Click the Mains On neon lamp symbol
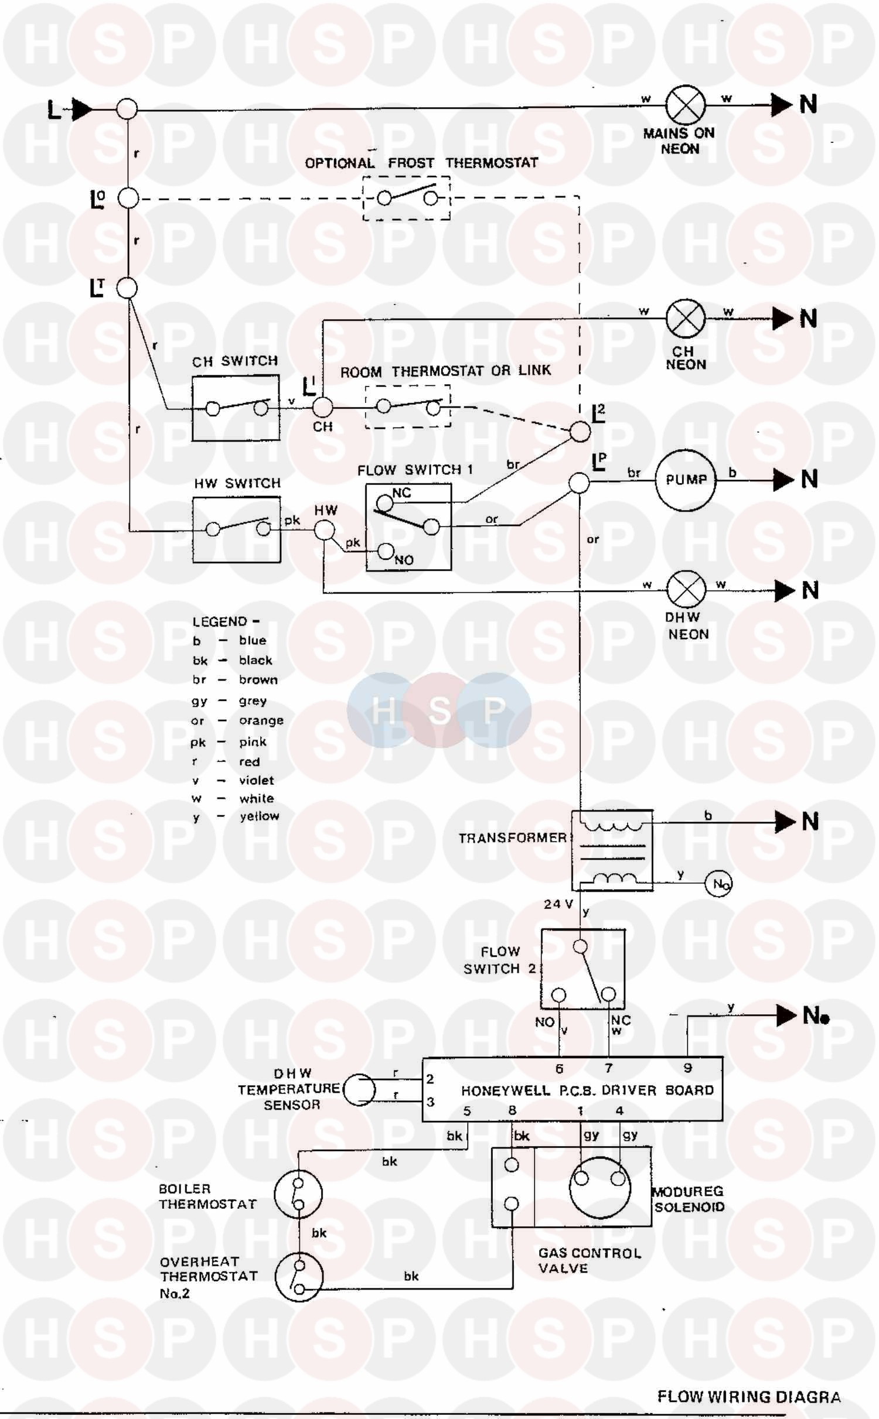tap(685, 105)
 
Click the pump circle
tap(685, 480)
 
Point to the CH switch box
tap(236, 408)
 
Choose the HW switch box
tap(237, 529)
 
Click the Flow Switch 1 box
tap(408, 526)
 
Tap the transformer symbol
tap(612, 850)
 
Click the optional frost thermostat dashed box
tap(407, 199)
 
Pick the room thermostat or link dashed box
tap(408, 406)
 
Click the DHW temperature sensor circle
tap(359, 1090)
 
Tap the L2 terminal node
tap(580, 432)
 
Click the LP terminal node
tap(579, 483)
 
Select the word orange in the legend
tap(261, 720)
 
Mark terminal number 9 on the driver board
tap(687, 1068)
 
